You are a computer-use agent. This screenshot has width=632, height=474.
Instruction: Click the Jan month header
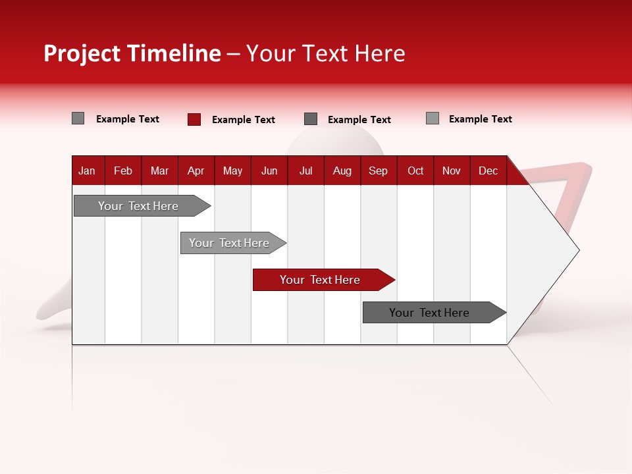(87, 171)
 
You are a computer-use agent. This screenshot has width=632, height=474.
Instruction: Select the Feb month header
(123, 171)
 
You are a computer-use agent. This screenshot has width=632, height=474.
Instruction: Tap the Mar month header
(159, 171)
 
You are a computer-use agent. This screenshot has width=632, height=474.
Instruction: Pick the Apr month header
(196, 171)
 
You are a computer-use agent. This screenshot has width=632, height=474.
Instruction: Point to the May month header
(232, 171)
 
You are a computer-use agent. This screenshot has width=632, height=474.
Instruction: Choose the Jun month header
(269, 171)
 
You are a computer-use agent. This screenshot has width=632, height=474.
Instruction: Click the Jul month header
(305, 171)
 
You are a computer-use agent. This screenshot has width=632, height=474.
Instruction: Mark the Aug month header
(342, 171)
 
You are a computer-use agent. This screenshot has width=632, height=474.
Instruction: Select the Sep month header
(379, 171)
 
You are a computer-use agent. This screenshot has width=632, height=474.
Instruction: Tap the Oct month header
(415, 171)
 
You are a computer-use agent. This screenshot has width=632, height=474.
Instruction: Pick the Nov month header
(452, 171)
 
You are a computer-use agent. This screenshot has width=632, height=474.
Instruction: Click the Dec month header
(488, 171)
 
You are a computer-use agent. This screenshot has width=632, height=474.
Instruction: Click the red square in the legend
(194, 119)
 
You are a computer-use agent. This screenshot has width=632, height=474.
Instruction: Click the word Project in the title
(82, 53)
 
